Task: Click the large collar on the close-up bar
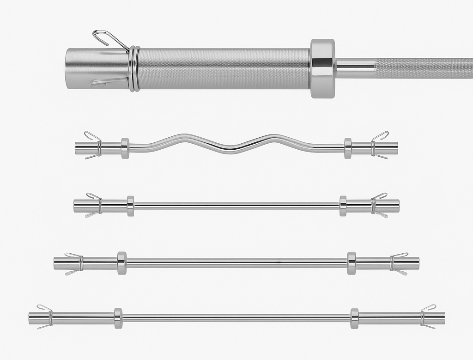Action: coord(322,68)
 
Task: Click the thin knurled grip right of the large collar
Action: coord(423,68)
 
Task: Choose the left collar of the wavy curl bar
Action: coord(125,148)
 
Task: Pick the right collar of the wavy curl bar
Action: coord(348,148)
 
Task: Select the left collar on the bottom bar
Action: coord(118,318)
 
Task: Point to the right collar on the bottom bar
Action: coord(354,318)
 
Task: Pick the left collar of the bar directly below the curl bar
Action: coord(130,206)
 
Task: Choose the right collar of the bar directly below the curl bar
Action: coord(343,206)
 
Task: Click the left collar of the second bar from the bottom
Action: coord(122,263)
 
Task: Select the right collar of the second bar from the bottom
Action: coord(352,263)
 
